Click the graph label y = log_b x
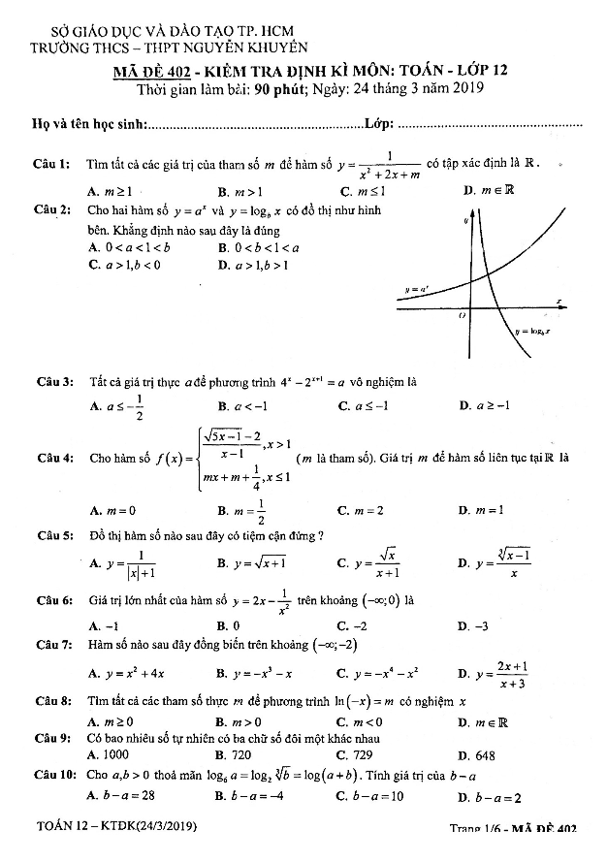(x=532, y=331)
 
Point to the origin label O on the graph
(x=463, y=315)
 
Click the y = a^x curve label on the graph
(x=418, y=289)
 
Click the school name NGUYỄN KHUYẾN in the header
(x=252, y=46)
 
